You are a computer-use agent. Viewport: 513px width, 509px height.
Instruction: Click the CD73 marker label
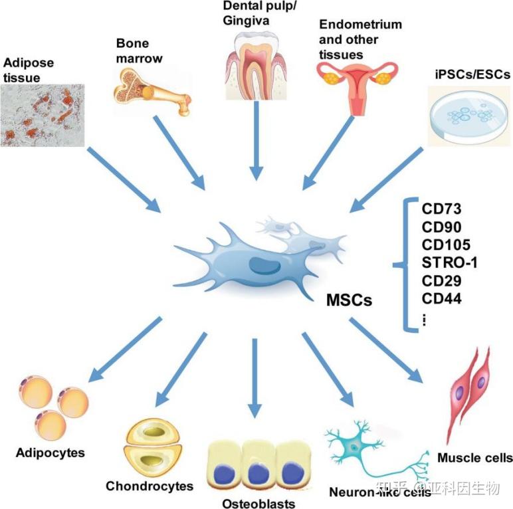click(x=441, y=209)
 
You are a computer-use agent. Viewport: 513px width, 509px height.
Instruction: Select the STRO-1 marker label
click(x=449, y=262)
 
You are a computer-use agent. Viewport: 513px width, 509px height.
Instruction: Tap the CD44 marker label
click(x=442, y=298)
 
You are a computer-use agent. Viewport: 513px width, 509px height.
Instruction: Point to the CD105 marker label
click(x=446, y=245)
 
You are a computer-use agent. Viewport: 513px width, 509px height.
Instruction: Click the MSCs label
click(x=349, y=300)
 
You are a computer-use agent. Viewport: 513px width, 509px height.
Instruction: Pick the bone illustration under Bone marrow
click(x=152, y=92)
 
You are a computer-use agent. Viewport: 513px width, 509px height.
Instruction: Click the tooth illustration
click(x=256, y=66)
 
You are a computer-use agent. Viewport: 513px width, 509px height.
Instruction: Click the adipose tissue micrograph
click(x=43, y=115)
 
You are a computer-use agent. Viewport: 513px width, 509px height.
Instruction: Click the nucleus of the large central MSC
click(x=264, y=265)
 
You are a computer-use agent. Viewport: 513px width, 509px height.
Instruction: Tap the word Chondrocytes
click(x=150, y=486)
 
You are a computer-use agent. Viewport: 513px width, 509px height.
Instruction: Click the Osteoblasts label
click(x=258, y=503)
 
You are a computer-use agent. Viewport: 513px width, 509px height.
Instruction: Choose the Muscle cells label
click(x=475, y=458)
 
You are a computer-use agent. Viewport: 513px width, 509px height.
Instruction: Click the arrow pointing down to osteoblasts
click(x=255, y=378)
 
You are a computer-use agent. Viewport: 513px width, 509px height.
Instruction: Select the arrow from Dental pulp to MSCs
click(x=256, y=141)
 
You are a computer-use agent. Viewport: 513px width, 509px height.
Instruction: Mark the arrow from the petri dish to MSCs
click(x=386, y=180)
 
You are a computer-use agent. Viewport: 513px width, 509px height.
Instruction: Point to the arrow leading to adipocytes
click(x=125, y=350)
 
